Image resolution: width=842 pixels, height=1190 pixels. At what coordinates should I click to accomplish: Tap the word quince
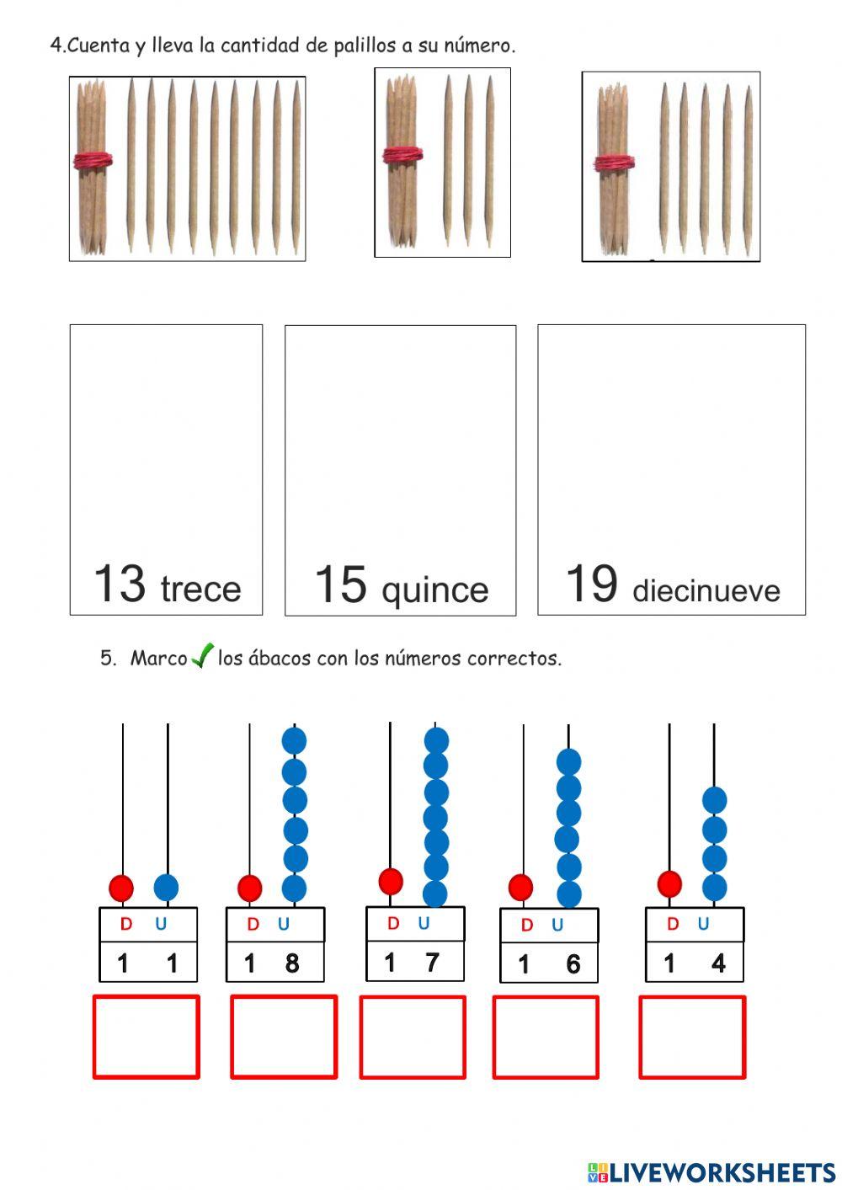[434, 590]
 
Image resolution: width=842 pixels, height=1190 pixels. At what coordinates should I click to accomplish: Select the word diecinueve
[706, 590]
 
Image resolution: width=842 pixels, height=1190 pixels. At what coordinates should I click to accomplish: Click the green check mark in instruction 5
[202, 655]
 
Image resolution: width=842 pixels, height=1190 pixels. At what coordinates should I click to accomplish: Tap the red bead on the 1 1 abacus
[121, 887]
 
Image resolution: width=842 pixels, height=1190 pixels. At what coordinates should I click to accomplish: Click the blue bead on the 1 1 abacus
[167, 887]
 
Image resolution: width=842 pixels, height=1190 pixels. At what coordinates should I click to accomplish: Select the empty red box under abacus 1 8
[284, 1037]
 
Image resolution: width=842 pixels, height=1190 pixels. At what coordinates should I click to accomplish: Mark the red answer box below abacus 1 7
[413, 1037]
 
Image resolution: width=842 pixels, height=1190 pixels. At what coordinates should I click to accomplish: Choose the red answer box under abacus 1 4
[692, 1037]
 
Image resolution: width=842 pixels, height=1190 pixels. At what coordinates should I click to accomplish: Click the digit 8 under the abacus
[292, 963]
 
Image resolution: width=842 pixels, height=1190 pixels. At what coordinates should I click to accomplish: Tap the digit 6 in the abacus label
[573, 964]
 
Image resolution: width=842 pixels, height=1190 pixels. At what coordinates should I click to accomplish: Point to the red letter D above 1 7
[392, 924]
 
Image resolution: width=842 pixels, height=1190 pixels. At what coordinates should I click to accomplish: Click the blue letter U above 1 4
[703, 924]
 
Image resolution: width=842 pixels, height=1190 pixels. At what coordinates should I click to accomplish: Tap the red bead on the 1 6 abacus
[521, 887]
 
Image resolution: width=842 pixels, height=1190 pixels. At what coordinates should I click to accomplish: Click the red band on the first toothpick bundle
[93, 160]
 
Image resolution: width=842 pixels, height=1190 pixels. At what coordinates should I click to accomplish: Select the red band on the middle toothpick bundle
[402, 155]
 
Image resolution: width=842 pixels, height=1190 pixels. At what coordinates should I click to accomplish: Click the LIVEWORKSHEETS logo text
[722, 1171]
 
